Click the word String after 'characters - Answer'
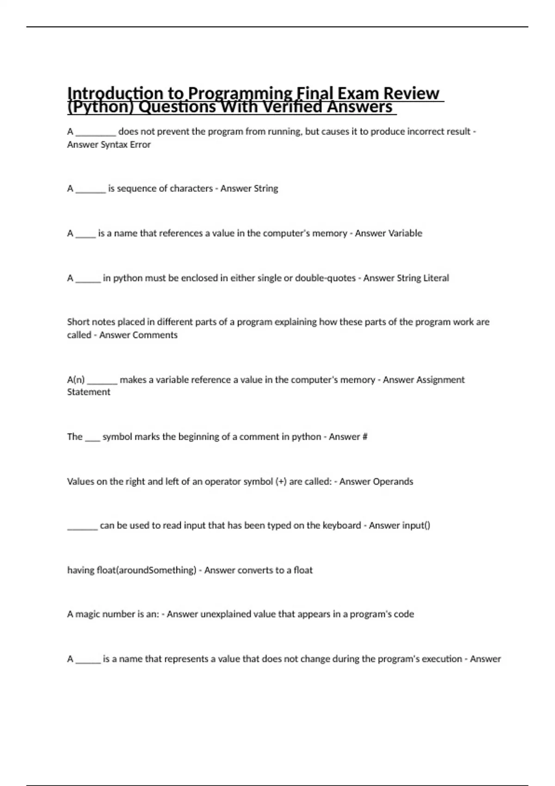(x=265, y=189)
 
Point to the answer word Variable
(x=405, y=233)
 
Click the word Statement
(x=88, y=392)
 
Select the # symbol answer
(x=364, y=437)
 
